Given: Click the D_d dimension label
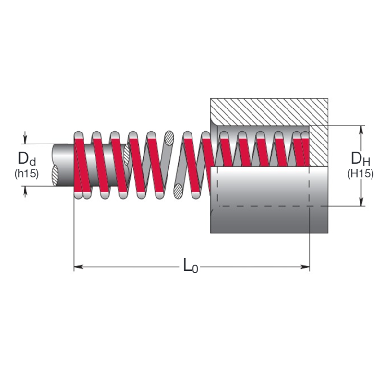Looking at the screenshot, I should [x=26, y=158].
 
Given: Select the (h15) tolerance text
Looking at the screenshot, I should [x=26, y=173].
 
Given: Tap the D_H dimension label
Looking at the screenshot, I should [x=360, y=159].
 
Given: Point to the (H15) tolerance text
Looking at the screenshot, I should [x=360, y=174].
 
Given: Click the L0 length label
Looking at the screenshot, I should [x=190, y=265].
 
